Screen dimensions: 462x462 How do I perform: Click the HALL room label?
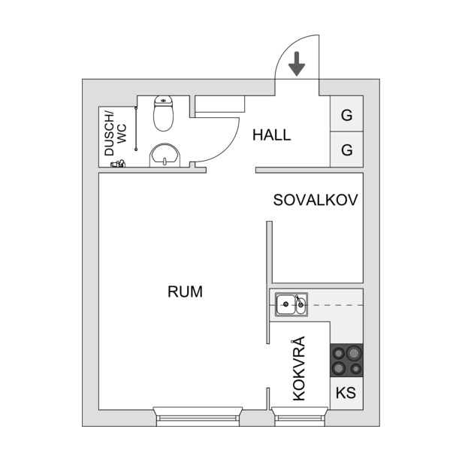pyautogui.click(x=272, y=135)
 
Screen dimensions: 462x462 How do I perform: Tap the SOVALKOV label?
pyautogui.click(x=316, y=200)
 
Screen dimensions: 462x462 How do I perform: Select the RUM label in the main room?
pyautogui.click(x=185, y=291)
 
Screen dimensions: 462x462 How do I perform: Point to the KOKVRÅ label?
pyautogui.click(x=299, y=368)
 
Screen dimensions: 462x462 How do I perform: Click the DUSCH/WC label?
pyautogui.click(x=116, y=134)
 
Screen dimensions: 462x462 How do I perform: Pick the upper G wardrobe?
pyautogui.click(x=346, y=113)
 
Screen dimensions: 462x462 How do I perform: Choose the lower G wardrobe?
pyautogui.click(x=346, y=149)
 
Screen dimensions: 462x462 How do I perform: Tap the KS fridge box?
pyautogui.click(x=346, y=393)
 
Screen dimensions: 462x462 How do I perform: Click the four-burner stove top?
pyautogui.click(x=346, y=361)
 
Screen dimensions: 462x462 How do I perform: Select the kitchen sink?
pyautogui.click(x=291, y=304)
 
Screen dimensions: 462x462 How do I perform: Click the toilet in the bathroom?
pyautogui.click(x=164, y=113)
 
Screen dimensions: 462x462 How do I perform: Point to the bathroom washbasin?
pyautogui.click(x=165, y=156)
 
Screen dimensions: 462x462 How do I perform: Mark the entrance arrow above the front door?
pyautogui.click(x=297, y=64)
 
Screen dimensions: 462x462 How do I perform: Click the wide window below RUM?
pyautogui.click(x=198, y=416)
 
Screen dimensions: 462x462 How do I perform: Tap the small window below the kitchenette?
pyautogui.click(x=300, y=416)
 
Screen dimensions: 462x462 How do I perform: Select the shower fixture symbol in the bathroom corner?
pyautogui.click(x=118, y=164)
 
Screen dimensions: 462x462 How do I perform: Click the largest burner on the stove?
pyautogui.click(x=353, y=352)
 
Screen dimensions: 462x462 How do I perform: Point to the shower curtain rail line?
pyautogui.click(x=136, y=129)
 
